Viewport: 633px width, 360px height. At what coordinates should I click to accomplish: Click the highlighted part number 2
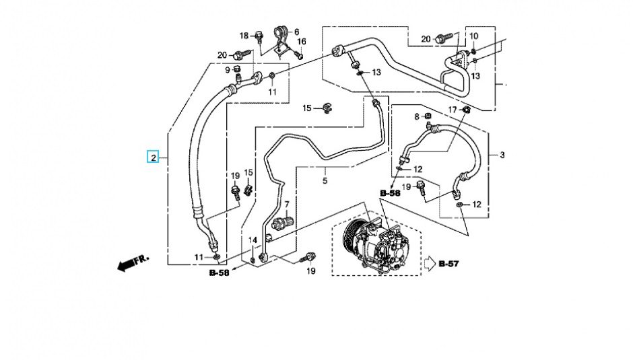[154, 158]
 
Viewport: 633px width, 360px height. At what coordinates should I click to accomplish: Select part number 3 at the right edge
[502, 155]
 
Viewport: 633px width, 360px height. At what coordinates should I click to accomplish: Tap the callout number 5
[325, 180]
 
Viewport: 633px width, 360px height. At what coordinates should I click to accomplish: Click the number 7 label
[286, 204]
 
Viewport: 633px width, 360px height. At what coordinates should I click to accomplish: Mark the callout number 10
[474, 36]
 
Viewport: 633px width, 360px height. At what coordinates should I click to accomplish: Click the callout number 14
[253, 240]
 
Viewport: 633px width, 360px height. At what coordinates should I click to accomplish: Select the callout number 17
[453, 109]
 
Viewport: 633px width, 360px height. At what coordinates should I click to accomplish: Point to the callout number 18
[244, 35]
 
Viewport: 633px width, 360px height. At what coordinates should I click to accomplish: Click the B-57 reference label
[448, 263]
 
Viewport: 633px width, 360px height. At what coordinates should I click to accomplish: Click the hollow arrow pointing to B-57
[429, 263]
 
